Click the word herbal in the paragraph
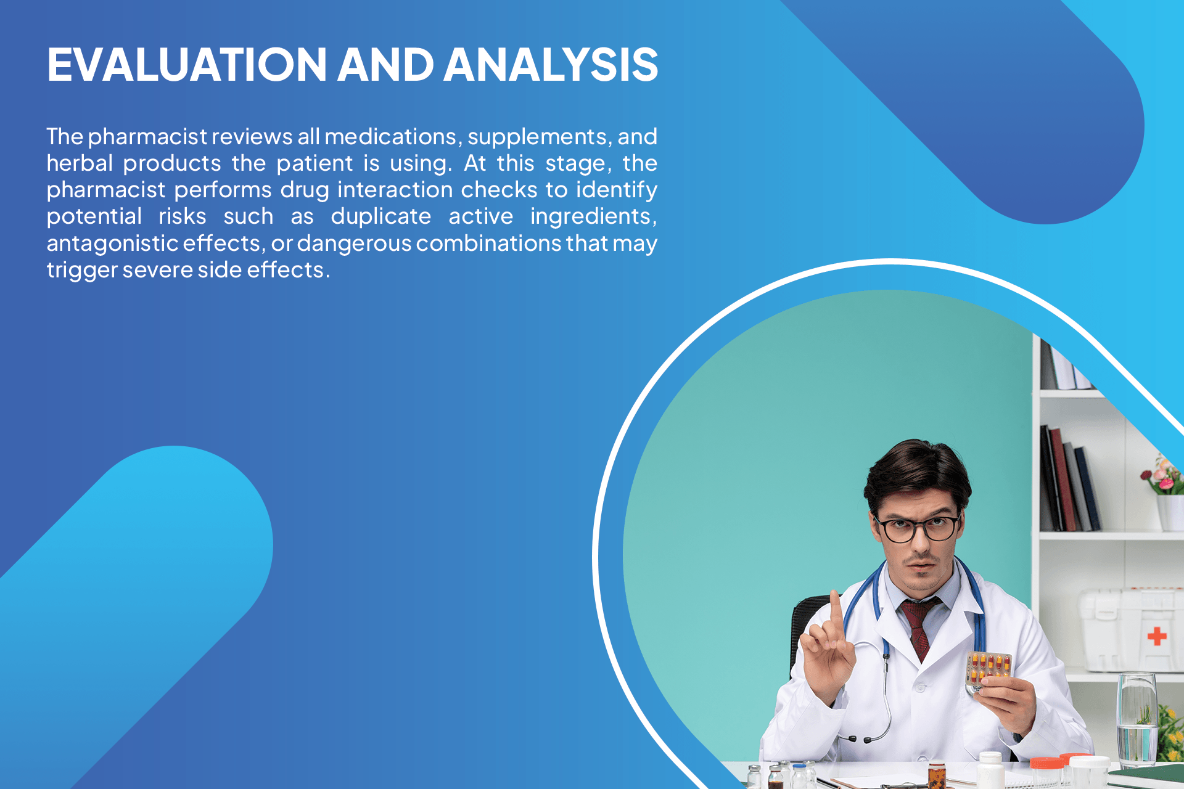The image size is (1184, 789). pyautogui.click(x=80, y=163)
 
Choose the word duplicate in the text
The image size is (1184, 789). pyautogui.click(x=380, y=216)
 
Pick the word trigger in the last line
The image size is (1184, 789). pyautogui.click(x=81, y=270)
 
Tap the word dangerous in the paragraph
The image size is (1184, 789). pyautogui.click(x=354, y=243)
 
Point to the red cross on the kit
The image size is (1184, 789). pyautogui.click(x=1157, y=636)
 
